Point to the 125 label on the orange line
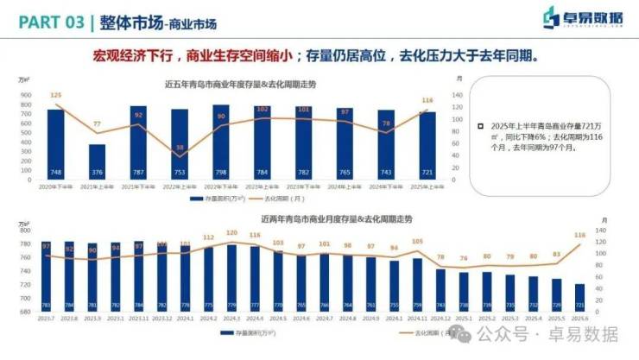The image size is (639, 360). (55, 95)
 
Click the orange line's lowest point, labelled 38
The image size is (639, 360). (180, 148)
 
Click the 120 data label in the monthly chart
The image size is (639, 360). (231, 233)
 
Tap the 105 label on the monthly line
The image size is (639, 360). (417, 242)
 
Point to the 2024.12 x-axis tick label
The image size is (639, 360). (440, 317)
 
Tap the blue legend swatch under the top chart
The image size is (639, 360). (197, 198)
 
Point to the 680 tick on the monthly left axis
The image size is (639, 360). (25, 311)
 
